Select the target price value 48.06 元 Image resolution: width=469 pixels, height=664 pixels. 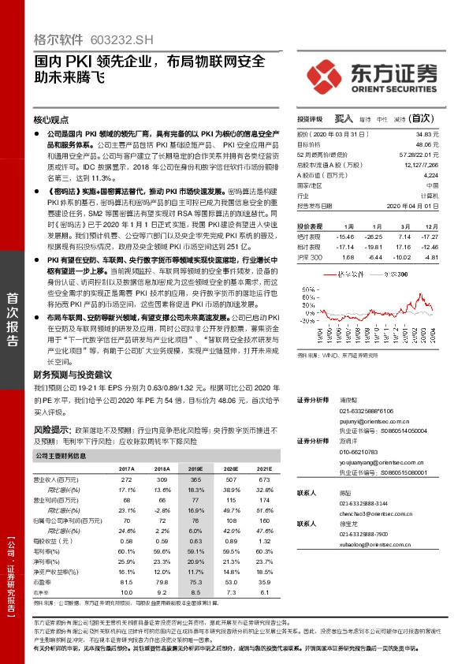coord(426,145)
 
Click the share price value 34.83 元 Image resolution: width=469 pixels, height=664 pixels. coord(426,135)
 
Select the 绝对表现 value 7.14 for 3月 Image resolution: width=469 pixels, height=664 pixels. coord(406,236)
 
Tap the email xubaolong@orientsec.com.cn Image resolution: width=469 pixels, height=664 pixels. coord(374,543)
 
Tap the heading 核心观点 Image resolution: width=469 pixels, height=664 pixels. coord(51,121)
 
